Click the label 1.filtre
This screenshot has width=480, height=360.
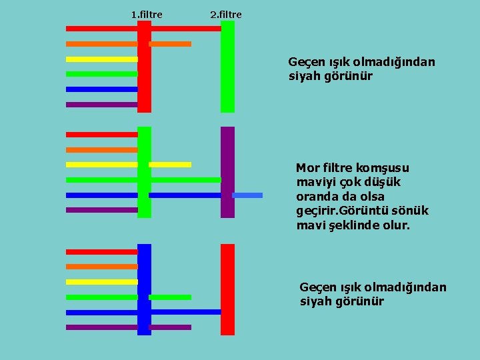[x=147, y=13]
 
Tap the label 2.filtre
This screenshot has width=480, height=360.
[x=226, y=13]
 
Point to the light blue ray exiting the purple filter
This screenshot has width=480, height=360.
[x=247, y=195]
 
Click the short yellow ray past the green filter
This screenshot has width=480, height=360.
[x=170, y=164]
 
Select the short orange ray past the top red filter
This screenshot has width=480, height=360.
[x=170, y=44]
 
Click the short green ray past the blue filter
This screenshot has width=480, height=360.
[x=170, y=297]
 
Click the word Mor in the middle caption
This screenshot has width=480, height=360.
[x=307, y=167]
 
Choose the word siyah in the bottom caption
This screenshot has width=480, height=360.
[x=315, y=301]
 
